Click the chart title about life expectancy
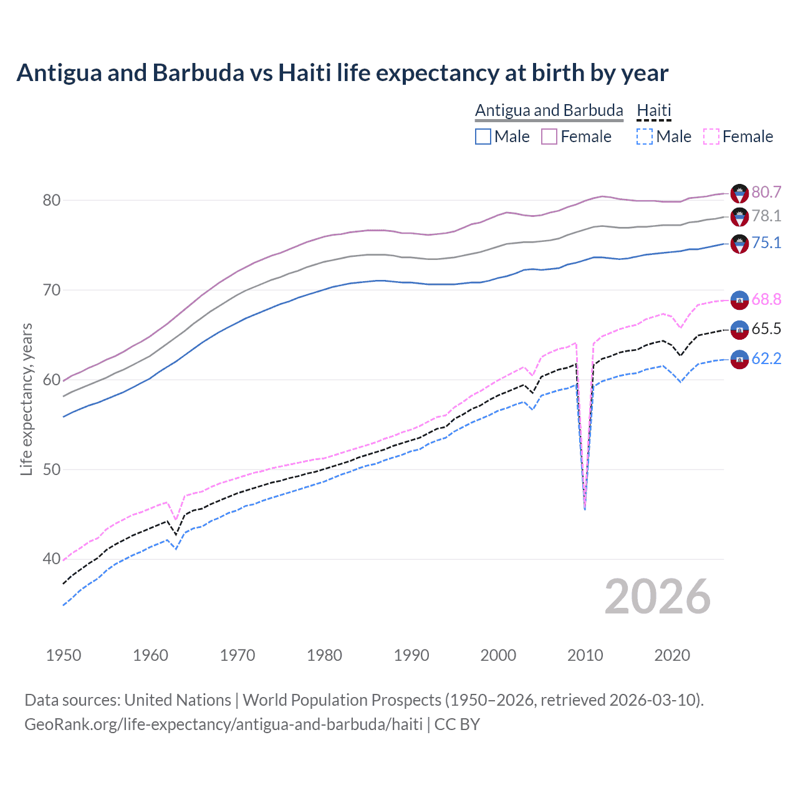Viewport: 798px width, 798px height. coord(342,73)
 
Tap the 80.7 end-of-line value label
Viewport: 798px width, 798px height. coord(766,192)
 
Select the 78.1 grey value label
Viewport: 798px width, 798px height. coord(766,216)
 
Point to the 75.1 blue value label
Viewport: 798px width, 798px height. coord(766,243)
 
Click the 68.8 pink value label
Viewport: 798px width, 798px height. coord(766,299)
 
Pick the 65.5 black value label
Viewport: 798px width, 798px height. coord(766,329)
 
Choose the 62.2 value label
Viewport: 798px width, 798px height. coord(766,358)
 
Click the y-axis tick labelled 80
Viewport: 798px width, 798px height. coord(52,200)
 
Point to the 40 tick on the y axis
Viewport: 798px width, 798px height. coord(52,559)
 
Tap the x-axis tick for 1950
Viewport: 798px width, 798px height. coord(64,655)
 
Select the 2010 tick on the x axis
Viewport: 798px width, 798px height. coord(585,655)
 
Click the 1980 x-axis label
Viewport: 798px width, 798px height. coord(324,655)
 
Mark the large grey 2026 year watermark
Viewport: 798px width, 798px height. coord(658,597)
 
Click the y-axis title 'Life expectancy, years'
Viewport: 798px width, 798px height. coord(26,399)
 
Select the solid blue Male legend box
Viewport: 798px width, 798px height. coord(483,137)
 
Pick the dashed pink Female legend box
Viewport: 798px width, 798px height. coord(711,137)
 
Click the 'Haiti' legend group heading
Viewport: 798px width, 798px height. coord(654,110)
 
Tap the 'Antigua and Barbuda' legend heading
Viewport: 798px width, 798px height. coord(549,110)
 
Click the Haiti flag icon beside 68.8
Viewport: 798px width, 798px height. coord(739,299)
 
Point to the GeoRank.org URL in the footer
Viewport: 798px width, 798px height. coord(223,724)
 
